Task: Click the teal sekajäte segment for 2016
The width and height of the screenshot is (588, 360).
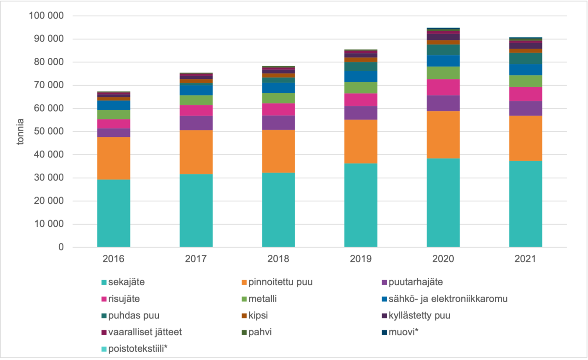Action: [113, 214]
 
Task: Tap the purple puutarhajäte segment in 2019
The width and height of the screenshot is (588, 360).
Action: [361, 113]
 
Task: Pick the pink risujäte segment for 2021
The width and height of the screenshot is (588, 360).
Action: [526, 94]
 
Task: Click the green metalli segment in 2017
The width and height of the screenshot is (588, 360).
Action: [196, 100]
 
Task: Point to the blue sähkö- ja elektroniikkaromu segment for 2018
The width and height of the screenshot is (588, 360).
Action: [278, 88]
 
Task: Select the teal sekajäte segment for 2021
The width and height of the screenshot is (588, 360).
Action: [526, 204]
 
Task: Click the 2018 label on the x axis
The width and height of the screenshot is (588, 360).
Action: [278, 259]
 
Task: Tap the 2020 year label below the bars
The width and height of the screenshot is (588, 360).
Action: [443, 259]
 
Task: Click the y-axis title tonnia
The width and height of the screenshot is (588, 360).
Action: [21, 132]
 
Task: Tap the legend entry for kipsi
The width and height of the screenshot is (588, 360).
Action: [259, 315]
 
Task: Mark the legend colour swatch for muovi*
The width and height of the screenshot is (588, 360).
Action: [384, 332]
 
